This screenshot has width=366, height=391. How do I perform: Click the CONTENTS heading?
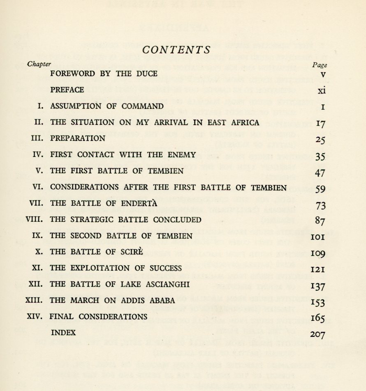pyautogui.click(x=176, y=50)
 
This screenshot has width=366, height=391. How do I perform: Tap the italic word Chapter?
pyautogui.click(x=39, y=64)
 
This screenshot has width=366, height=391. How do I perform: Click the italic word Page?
pyautogui.click(x=320, y=65)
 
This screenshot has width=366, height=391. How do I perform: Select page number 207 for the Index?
pyautogui.click(x=318, y=334)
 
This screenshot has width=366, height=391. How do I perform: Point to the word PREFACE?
pyautogui.click(x=67, y=90)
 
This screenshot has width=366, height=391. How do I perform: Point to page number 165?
pyautogui.click(x=318, y=318)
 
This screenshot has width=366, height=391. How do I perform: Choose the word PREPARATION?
pyautogui.click(x=77, y=138)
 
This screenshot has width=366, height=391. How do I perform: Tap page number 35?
pyautogui.click(x=320, y=156)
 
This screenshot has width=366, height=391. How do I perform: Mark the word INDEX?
pyautogui.click(x=63, y=333)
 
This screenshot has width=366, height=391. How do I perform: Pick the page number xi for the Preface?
pyautogui.click(x=322, y=91)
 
